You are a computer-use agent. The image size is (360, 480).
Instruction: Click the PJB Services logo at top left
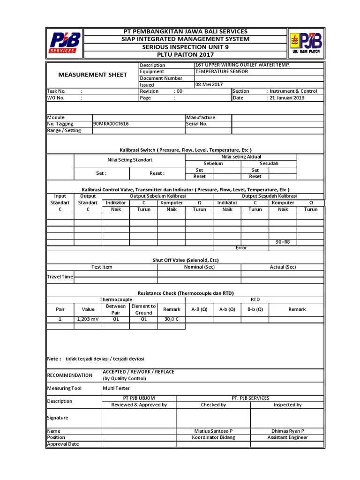pyautogui.click(x=66, y=42)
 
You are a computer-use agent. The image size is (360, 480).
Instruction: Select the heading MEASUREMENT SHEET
pyautogui.click(x=92, y=75)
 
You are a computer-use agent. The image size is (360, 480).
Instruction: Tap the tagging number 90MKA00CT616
pyautogui.click(x=111, y=124)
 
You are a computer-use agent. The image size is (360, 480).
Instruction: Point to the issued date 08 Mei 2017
pyautogui.click(x=209, y=84)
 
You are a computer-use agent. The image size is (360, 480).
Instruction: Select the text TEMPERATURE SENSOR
pyautogui.click(x=221, y=72)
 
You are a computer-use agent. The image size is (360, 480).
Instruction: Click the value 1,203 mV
pyautogui.click(x=88, y=319)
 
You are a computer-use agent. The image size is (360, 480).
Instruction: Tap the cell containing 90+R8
pyautogui.click(x=283, y=242)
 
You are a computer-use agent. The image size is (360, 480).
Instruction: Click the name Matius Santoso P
pyautogui.click(x=213, y=431)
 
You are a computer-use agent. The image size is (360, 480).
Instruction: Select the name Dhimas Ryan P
pyautogui.click(x=287, y=431)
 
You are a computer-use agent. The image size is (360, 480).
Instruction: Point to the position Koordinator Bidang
pyautogui.click(x=213, y=437)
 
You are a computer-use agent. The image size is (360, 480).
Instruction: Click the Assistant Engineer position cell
pyautogui.click(x=287, y=437)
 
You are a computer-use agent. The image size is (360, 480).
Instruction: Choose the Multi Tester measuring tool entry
pyautogui.click(x=116, y=388)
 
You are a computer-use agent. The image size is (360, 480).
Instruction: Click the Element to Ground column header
pyautogui.click(x=143, y=309)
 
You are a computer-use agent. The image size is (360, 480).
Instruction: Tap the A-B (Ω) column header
pyautogui.click(x=199, y=309)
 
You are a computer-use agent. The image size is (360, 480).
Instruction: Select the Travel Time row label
pyautogui.click(x=60, y=277)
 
